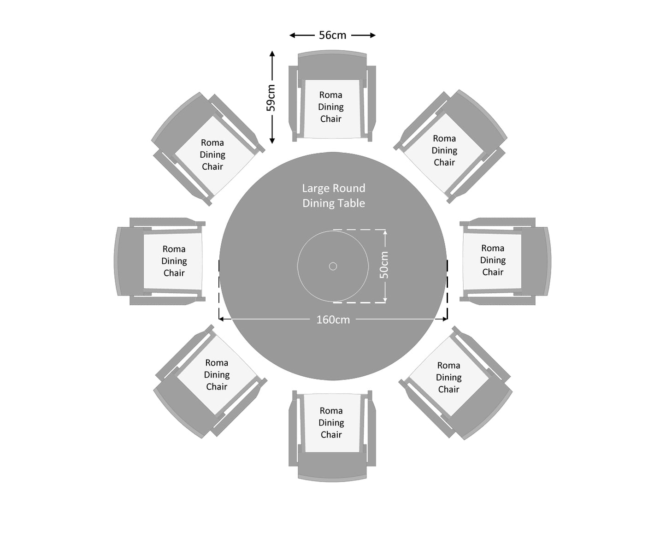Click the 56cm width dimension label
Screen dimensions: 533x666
(332, 35)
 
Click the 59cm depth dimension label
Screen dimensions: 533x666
(271, 97)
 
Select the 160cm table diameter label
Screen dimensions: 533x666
(333, 320)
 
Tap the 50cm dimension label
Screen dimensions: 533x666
(384, 265)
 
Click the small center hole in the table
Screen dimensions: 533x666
(333, 266)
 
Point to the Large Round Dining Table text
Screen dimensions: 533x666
(333, 195)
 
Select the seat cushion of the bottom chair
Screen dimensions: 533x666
(331, 423)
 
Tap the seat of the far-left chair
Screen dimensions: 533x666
(174, 261)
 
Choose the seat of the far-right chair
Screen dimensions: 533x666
(493, 261)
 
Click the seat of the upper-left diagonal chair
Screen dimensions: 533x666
(213, 155)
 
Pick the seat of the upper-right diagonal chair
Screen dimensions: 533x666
(444, 151)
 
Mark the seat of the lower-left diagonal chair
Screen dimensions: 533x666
(217, 374)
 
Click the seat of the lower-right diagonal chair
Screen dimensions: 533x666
(448, 377)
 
